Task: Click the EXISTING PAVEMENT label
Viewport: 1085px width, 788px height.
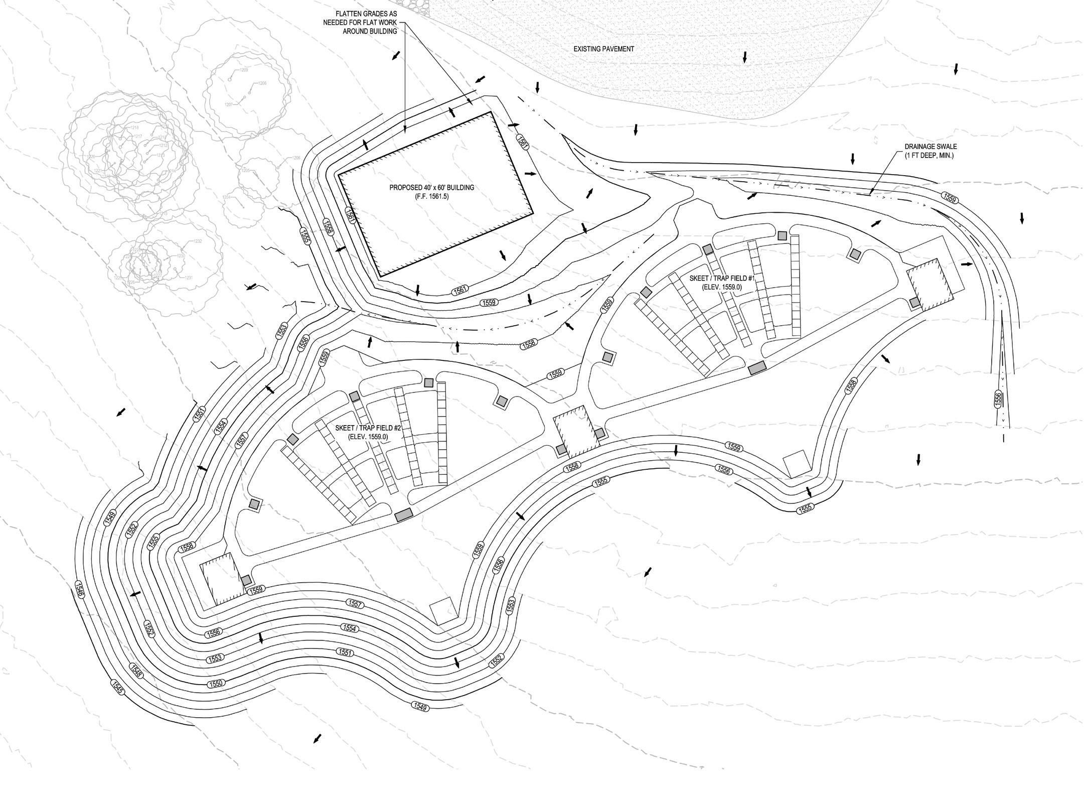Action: coord(603,49)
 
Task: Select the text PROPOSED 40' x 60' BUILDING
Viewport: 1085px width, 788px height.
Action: coord(431,188)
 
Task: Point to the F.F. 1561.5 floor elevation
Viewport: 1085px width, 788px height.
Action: coord(431,197)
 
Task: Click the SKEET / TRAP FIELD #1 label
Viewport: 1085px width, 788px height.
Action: coord(722,278)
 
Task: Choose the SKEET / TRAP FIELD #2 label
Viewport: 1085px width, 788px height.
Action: coord(373,428)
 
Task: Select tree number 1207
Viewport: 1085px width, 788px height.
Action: coord(229,104)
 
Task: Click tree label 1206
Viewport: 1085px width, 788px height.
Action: coord(296,158)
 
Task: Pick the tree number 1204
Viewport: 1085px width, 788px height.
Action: coord(227,197)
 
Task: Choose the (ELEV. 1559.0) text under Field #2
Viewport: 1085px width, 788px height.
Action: coord(373,437)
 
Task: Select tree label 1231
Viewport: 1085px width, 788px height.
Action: coord(189,278)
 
